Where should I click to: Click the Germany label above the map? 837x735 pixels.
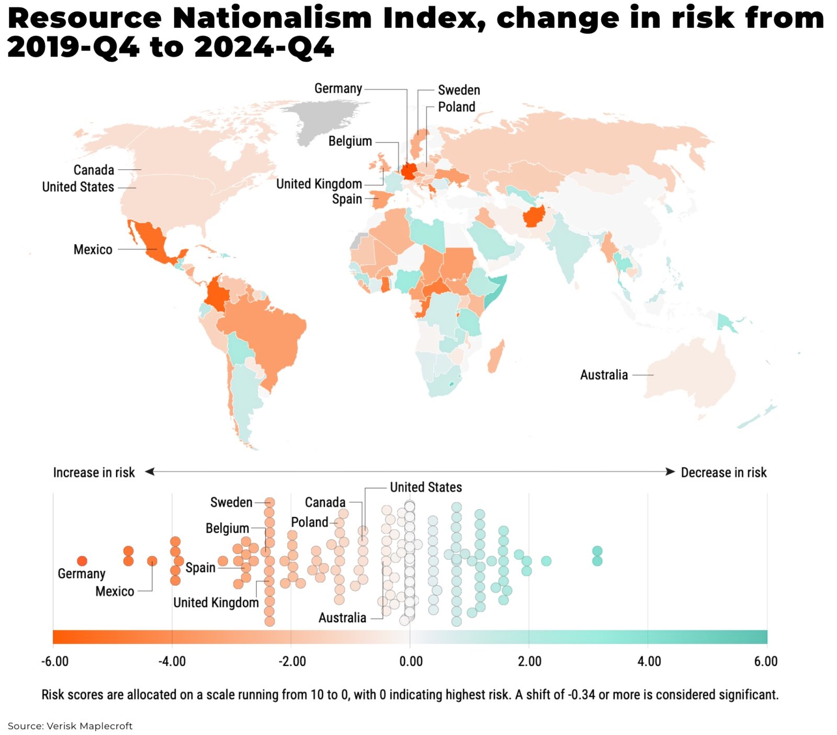point(338,89)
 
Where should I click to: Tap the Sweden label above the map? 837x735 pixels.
point(459,90)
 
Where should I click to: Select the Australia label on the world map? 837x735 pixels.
point(604,375)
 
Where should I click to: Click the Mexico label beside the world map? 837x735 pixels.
point(93,249)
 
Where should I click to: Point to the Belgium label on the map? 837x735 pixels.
point(350,141)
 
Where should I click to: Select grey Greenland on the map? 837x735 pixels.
point(319,120)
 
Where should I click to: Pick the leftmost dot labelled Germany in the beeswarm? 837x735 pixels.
point(82,561)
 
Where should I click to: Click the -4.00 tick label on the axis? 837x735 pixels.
point(172,661)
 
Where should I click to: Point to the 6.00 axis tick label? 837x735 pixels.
point(766,661)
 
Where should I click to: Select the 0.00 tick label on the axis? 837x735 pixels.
point(411,661)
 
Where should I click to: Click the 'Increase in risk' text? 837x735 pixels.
point(94,473)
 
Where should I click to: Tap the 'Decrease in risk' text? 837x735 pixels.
point(723,473)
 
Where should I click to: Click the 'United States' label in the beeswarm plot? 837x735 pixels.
point(426,487)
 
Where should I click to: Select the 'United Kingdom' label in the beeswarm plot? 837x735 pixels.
point(216,603)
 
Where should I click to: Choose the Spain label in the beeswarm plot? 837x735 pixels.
point(200,568)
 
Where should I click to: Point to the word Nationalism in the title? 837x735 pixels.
point(272,18)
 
